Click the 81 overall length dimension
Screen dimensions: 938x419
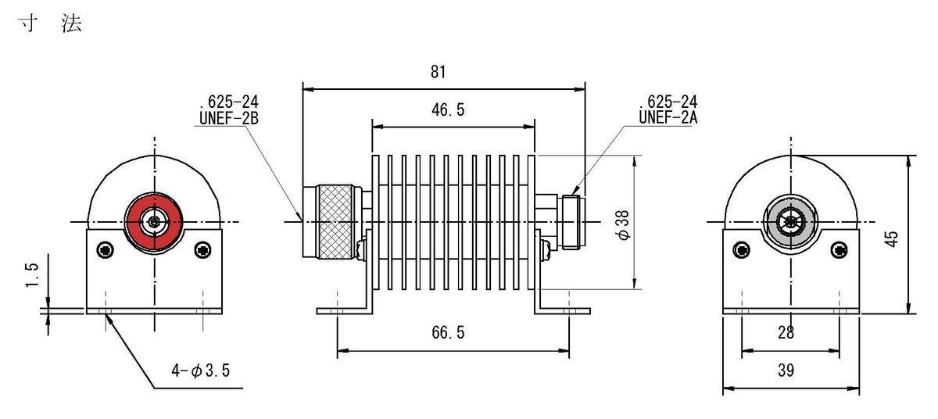click(x=438, y=72)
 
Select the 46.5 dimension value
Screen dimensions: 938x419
click(x=448, y=109)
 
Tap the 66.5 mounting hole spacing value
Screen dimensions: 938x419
click(x=448, y=332)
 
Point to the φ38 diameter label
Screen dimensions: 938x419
click(x=623, y=225)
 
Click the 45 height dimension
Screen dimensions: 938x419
click(x=892, y=239)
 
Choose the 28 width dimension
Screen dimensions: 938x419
click(x=786, y=332)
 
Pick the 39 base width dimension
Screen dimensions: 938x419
click(x=786, y=370)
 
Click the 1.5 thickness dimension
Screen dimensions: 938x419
click(x=32, y=274)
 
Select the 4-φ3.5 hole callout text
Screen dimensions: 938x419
click(x=201, y=370)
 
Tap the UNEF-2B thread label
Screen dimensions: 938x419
click(x=228, y=119)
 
